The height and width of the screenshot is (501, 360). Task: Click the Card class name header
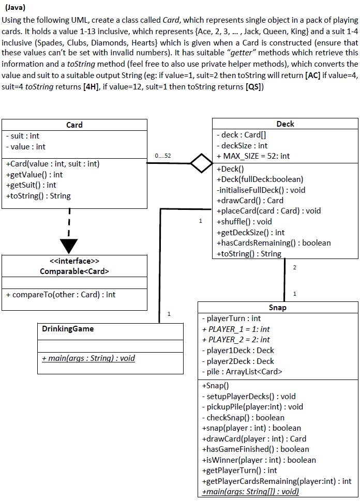(x=74, y=125)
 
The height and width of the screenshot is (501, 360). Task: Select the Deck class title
(x=285, y=124)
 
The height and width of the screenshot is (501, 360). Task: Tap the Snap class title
(x=278, y=308)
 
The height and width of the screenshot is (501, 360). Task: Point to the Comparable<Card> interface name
(x=74, y=270)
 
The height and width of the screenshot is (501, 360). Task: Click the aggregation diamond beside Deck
(x=201, y=163)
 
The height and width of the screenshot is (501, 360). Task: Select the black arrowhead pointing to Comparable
(x=69, y=246)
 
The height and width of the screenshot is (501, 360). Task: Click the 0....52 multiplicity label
(x=163, y=156)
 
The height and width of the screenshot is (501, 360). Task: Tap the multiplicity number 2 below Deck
(x=295, y=267)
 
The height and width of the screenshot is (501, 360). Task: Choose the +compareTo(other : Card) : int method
(x=61, y=294)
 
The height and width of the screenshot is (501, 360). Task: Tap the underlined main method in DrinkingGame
(x=88, y=358)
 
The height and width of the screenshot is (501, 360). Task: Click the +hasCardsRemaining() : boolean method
(x=274, y=242)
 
